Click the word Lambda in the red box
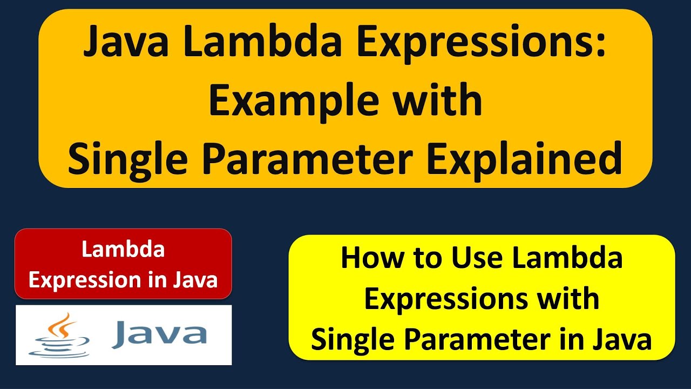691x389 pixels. [x=123, y=249]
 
